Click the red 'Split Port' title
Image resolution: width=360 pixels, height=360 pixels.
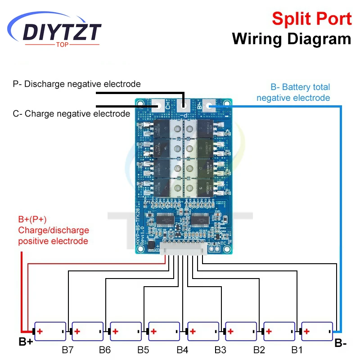[311, 19]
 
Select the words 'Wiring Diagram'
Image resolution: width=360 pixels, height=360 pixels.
[291, 39]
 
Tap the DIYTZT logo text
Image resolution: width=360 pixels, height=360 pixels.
[62, 32]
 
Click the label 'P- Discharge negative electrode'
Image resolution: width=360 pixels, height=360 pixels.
[76, 84]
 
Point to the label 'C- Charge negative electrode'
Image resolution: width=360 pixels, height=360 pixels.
[71, 114]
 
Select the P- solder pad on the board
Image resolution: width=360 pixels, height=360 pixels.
[184, 106]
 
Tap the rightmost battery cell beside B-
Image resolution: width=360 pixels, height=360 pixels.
[317, 332]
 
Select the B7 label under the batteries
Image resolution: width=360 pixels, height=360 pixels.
[68, 349]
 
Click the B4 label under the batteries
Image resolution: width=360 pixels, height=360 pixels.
[182, 349]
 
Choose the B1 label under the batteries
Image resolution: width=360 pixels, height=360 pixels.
[297, 349]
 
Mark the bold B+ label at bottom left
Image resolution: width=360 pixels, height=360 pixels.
[25, 342]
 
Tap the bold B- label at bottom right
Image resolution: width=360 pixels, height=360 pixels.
[340, 343]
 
